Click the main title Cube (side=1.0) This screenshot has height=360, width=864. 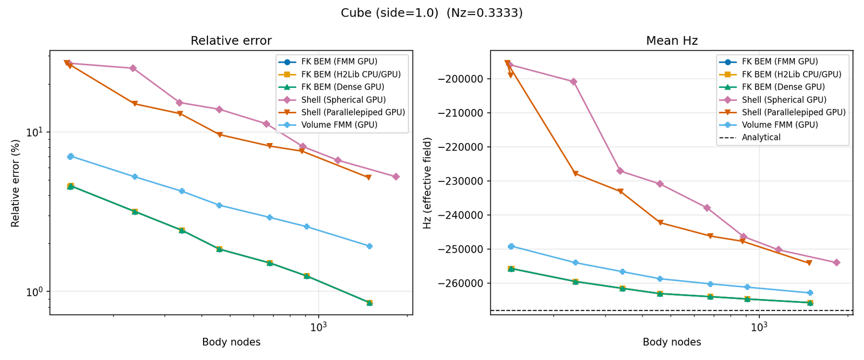[x=389, y=13]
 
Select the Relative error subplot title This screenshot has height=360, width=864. [x=231, y=41]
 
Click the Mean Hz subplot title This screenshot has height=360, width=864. [x=672, y=41]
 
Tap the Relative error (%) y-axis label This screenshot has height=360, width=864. [x=16, y=183]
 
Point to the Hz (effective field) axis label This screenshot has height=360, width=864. [x=428, y=183]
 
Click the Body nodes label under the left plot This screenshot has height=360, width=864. [x=231, y=342]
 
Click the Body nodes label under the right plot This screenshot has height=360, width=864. [x=672, y=342]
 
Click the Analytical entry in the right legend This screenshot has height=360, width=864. [x=761, y=138]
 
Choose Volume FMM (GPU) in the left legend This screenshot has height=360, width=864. [x=339, y=125]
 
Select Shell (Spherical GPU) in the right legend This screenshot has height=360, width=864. [x=784, y=100]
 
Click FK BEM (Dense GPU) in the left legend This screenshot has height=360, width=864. [x=342, y=87]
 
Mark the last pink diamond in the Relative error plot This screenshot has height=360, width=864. [x=396, y=176]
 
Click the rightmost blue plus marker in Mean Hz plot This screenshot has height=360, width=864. [x=810, y=293]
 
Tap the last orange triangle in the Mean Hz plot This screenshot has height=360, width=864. [x=809, y=263]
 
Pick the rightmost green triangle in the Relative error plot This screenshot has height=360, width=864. [x=369, y=303]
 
